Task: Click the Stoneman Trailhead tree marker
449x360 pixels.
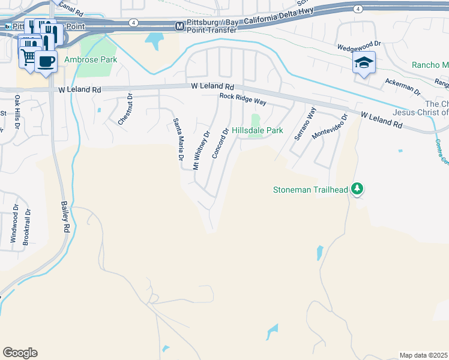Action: click(357, 190)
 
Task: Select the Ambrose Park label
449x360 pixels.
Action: click(91, 60)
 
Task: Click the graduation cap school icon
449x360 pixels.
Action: click(364, 62)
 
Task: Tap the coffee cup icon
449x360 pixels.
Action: click(46, 61)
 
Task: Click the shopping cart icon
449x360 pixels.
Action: click(28, 57)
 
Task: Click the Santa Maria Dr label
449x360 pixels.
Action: click(178, 139)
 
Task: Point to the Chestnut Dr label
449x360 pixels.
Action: click(125, 109)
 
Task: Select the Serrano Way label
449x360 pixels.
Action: click(305, 124)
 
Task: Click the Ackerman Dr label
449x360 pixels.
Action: click(403, 88)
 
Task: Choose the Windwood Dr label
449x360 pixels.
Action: click(14, 224)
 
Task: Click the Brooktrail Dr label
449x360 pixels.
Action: click(26, 226)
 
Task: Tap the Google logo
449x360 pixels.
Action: click(20, 352)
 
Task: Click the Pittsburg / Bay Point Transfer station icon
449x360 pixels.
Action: click(179, 26)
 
